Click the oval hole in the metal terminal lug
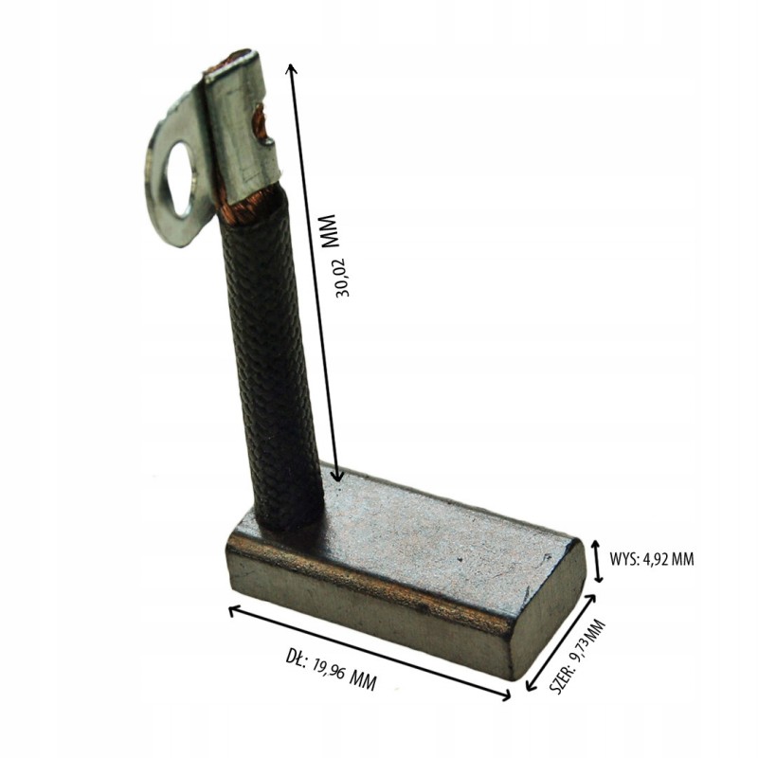pos(179,178)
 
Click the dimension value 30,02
pos(342,277)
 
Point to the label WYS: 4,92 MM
pos(652,559)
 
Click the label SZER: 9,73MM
pos(578,658)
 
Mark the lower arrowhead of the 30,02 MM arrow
pos(338,478)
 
